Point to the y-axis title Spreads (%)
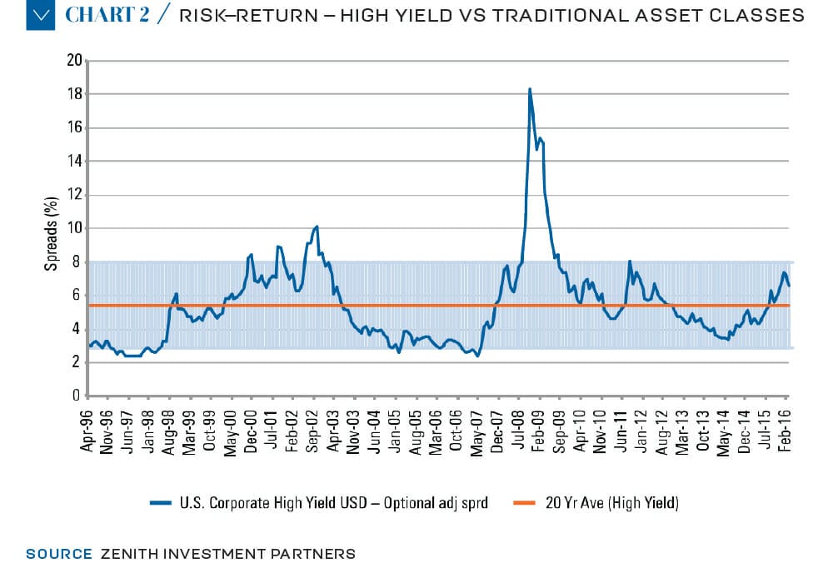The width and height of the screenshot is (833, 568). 50,228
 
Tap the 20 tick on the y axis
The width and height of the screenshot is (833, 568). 75,61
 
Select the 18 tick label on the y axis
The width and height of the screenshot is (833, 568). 75,94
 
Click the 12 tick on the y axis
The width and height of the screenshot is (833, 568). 75,195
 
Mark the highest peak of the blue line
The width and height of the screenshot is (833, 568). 530,89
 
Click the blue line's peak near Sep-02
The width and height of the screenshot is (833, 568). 317,226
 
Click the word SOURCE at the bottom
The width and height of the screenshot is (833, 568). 58,553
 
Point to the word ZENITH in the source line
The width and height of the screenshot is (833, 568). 126,553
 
